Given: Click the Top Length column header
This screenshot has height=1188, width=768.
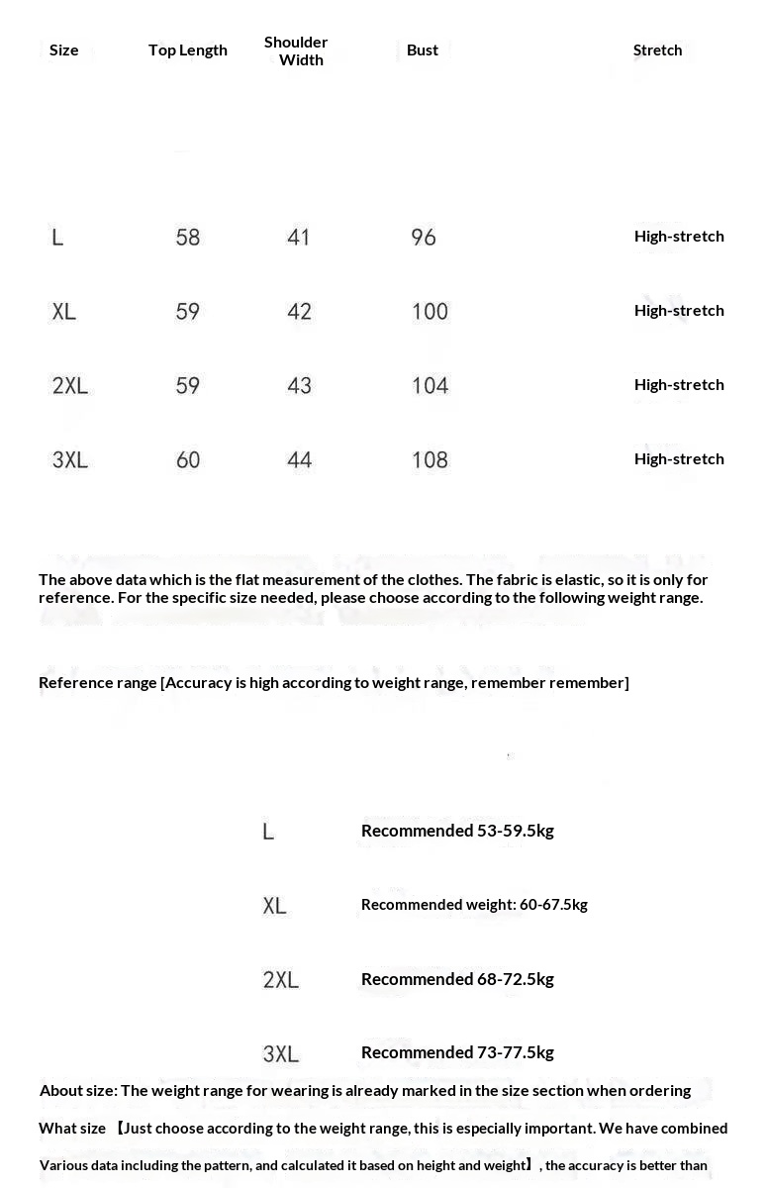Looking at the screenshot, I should [188, 50].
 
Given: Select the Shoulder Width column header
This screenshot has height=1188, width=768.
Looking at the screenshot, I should [297, 50].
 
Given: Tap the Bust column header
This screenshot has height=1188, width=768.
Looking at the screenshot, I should [423, 50].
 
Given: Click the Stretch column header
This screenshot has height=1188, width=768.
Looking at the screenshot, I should [657, 50].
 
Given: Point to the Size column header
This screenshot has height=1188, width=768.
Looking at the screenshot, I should [64, 50].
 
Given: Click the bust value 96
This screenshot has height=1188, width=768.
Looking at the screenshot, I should [424, 238].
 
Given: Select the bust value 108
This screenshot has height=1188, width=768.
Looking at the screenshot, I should [430, 460].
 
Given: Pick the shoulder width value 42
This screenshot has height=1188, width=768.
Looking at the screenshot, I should [299, 312].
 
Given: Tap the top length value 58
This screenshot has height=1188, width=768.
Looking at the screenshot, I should [188, 238].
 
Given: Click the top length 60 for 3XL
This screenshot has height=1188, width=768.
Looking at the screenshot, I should [188, 460].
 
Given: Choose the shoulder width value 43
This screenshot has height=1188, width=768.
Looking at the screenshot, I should [299, 386].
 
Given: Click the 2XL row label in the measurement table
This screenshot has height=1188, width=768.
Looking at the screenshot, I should [70, 386].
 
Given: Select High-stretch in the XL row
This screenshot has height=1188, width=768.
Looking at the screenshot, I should [679, 311].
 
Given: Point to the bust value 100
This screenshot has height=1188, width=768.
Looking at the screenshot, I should [430, 312].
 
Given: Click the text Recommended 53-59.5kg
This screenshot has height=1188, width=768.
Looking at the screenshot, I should [457, 831].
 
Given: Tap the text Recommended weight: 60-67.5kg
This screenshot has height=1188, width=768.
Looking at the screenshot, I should [474, 905].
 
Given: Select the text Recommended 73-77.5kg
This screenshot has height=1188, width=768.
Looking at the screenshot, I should [457, 1052].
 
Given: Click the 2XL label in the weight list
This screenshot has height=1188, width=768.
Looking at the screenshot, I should [281, 980].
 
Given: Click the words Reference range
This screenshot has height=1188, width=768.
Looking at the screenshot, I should [97, 683].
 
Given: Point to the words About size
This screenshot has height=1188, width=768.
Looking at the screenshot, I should [78, 1091].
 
